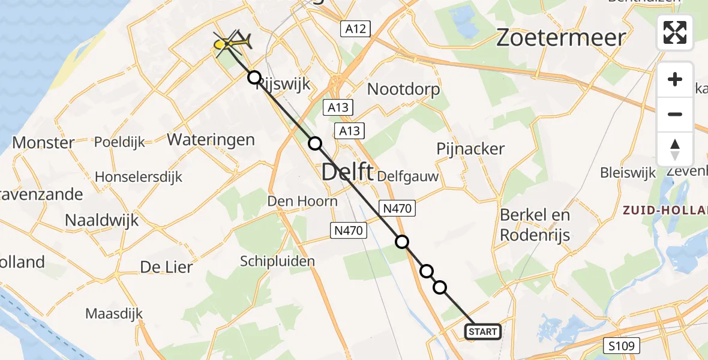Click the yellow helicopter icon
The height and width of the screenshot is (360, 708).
coord(231,43)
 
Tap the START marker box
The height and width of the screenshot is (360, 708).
coord(482,332)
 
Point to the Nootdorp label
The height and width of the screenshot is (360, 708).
coord(403,89)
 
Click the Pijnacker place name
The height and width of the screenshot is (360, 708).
coord(470,149)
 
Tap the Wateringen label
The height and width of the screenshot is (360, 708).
coord(211,140)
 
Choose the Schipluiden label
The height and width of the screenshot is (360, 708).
coord(277,261)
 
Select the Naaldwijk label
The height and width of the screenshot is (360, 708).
coord(101,220)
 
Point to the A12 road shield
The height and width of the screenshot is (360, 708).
coord(356,28)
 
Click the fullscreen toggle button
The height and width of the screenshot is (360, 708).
coord(675,32)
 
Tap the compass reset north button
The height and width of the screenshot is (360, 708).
coord(675,149)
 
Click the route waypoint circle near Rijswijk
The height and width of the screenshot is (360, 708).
coord(254,77)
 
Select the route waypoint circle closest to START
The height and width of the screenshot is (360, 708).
coord(440,287)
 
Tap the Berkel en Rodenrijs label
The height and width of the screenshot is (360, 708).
coord(535,224)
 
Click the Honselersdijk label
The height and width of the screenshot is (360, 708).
coord(139,178)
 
